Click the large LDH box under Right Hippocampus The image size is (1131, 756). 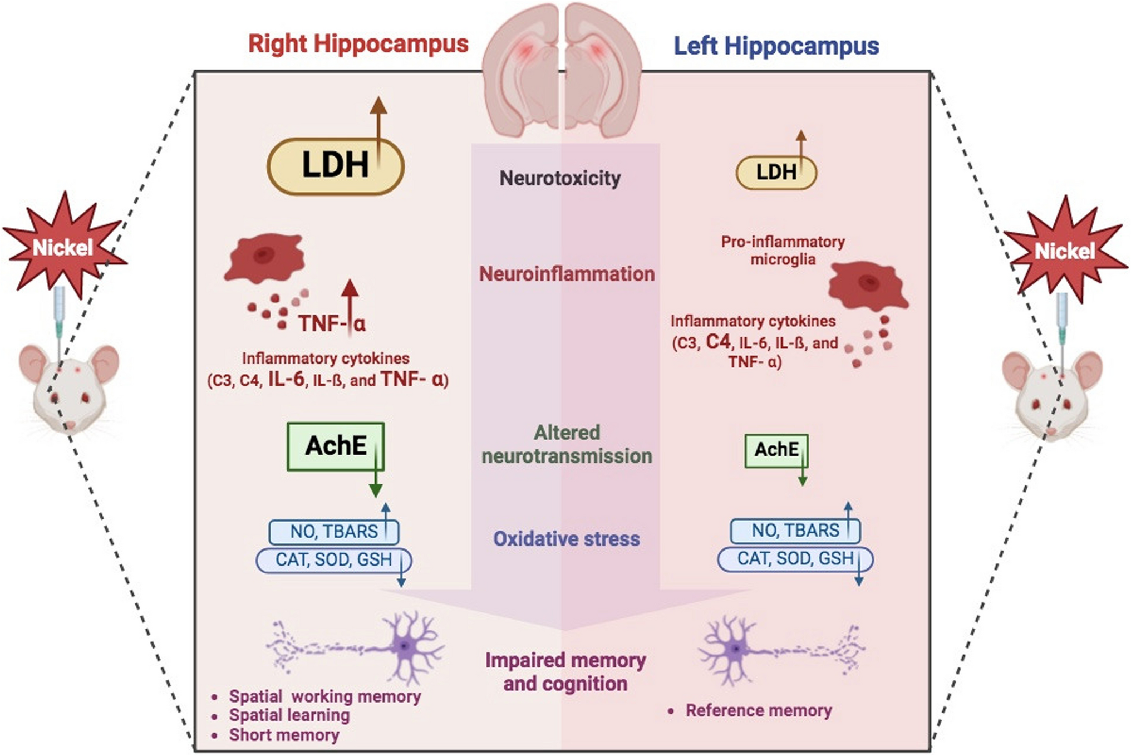click(x=335, y=165)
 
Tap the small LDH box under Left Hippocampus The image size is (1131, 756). click(x=776, y=173)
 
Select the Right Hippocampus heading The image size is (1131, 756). click(x=358, y=43)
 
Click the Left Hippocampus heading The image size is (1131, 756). click(x=776, y=46)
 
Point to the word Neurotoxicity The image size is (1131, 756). click(x=560, y=178)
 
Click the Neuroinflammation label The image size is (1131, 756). click(x=567, y=274)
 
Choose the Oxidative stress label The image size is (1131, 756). click(x=566, y=539)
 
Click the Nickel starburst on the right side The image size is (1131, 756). click(x=1064, y=251)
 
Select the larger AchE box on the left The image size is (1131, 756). click(x=335, y=446)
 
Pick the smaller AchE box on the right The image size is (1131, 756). click(x=776, y=450)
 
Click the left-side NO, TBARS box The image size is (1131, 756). click(x=333, y=532)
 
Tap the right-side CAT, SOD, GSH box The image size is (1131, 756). click(x=795, y=558)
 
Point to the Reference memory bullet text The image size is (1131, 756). click(x=758, y=710)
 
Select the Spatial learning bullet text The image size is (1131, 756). click(x=289, y=715)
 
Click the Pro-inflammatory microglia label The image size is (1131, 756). click(x=783, y=250)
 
